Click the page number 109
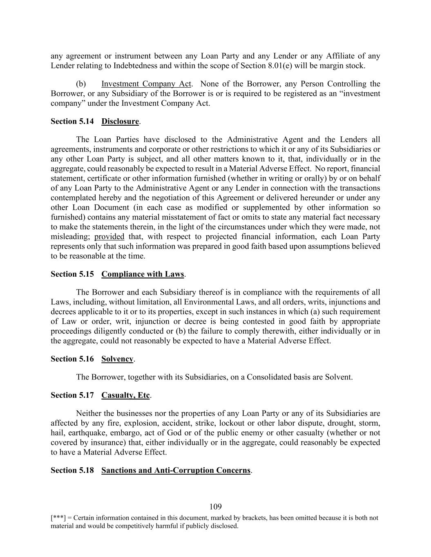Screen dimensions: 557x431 tap(215, 507)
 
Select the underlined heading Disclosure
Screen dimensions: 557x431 tap(120, 121)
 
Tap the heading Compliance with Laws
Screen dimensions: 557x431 tap(143, 274)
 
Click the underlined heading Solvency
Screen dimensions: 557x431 tap(117, 359)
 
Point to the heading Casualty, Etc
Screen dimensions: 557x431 tap(125, 395)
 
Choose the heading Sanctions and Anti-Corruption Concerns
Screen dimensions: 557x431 tap(176, 470)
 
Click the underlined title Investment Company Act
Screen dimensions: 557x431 tap(146, 84)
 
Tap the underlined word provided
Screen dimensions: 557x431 tap(109, 237)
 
